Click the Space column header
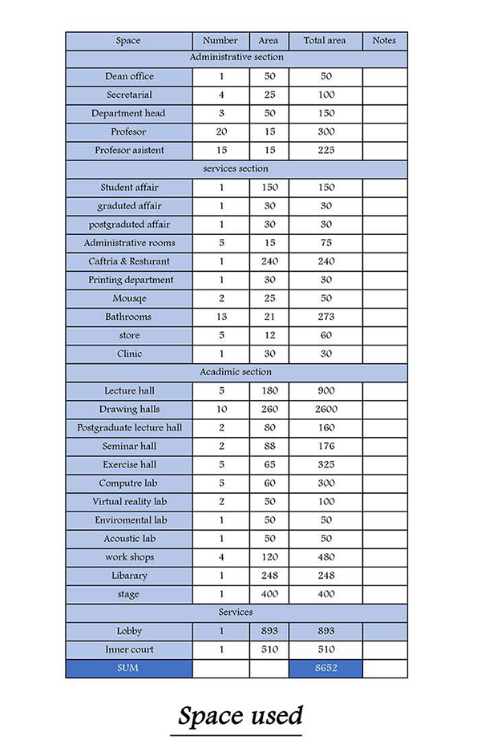(x=128, y=41)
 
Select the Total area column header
(x=325, y=41)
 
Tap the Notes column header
(x=385, y=41)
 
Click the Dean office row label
(x=129, y=77)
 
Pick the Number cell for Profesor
(x=221, y=132)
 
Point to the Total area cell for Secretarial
(x=325, y=95)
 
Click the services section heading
(x=236, y=169)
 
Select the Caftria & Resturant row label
(x=129, y=261)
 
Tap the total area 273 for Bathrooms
(x=325, y=317)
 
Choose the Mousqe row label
(x=129, y=298)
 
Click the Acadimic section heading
(x=236, y=372)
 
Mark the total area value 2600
(x=325, y=410)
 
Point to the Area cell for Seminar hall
(x=269, y=447)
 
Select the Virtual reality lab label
(x=129, y=502)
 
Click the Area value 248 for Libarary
(x=269, y=576)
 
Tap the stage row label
(x=129, y=594)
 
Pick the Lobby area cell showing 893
(x=269, y=632)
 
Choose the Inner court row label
(x=129, y=649)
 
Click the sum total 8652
(x=325, y=668)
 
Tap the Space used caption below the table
(x=240, y=715)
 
